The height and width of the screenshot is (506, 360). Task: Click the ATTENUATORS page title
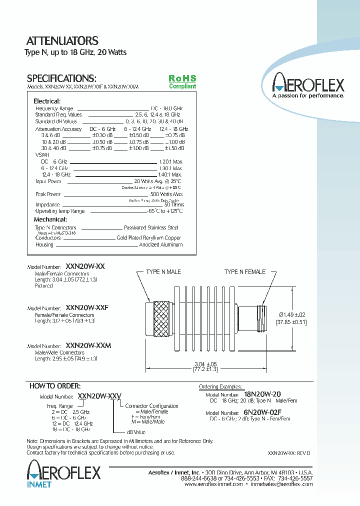click(62, 41)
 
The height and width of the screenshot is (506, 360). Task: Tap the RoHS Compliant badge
click(182, 82)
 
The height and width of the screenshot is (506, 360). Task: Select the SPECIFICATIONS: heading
click(61, 78)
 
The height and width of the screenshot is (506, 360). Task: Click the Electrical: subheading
click(46, 101)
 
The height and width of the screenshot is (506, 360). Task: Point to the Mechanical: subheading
click(50, 219)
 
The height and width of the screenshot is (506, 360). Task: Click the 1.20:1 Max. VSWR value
click(171, 162)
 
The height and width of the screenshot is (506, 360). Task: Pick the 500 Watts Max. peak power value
click(166, 194)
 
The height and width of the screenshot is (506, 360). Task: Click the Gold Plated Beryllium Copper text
click(149, 238)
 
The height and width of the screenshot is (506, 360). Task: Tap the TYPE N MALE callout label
click(163, 271)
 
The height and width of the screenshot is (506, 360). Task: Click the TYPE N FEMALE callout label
click(244, 271)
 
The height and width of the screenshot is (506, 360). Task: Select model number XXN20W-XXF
click(87, 308)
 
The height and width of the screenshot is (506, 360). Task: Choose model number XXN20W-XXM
click(88, 345)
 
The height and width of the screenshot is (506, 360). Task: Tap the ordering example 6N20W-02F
click(263, 412)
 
